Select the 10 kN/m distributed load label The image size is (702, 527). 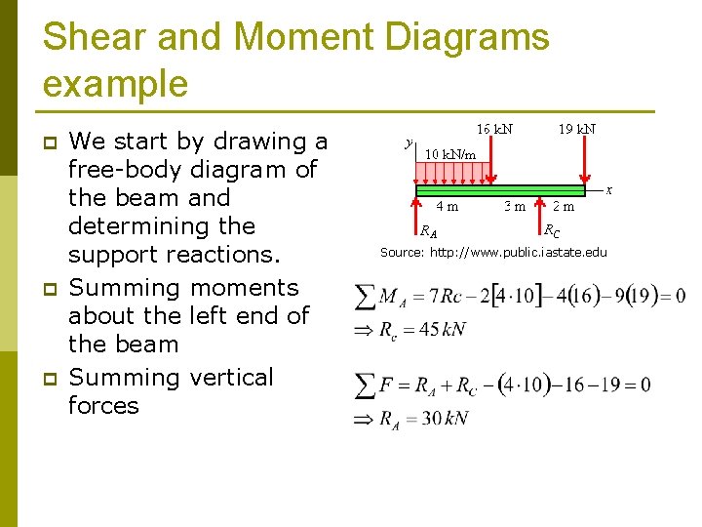pos(450,154)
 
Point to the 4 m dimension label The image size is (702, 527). pos(448,206)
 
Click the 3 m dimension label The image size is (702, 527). pos(514,206)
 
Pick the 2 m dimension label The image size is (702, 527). pos(564,206)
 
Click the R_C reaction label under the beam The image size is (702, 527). pos(552,231)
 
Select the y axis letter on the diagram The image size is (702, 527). pos(409,142)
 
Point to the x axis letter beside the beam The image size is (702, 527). pos(609,189)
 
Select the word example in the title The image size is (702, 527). pos(115,84)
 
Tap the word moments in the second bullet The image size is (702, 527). pos(245,288)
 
